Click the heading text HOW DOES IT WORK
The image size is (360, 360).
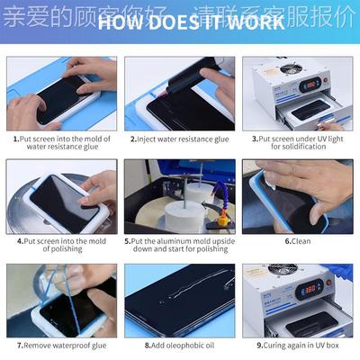(180, 22)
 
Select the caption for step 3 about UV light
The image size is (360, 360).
(297, 144)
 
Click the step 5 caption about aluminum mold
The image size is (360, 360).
(179, 247)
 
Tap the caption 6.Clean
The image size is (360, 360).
(298, 241)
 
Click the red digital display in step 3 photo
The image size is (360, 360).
(310, 84)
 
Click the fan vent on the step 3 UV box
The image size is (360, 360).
(289, 69)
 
